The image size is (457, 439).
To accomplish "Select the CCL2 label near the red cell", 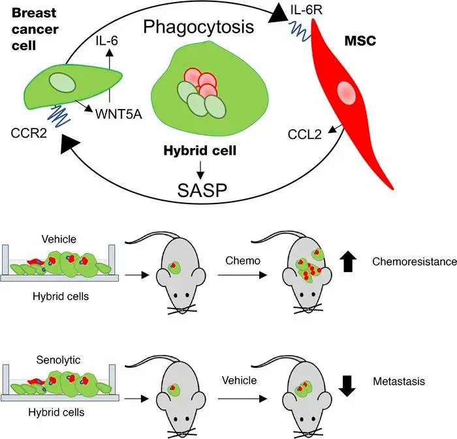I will point(305,135).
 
